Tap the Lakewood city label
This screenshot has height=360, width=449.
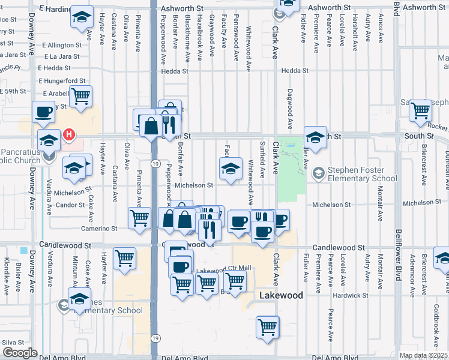pyautogui.click(x=281, y=296)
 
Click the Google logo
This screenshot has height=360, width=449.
pyautogui.click(x=19, y=353)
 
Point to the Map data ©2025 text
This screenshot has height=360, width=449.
pyautogui.click(x=423, y=355)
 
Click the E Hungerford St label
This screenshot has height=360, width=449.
pyautogui.click(x=62, y=80)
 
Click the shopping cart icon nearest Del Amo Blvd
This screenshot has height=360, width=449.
pyautogui.click(x=267, y=328)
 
